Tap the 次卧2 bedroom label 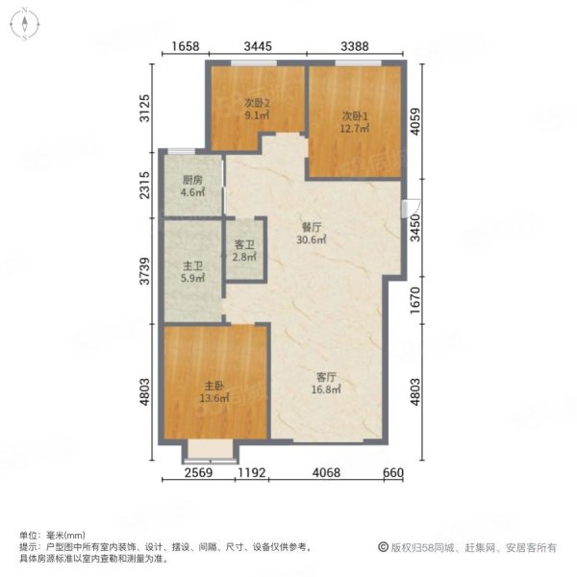(255, 103)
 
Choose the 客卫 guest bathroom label (245, 245)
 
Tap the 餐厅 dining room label (309, 228)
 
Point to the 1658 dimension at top (187, 46)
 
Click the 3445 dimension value (257, 46)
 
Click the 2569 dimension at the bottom (198, 472)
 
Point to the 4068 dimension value (327, 472)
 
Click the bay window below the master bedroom (211, 451)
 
